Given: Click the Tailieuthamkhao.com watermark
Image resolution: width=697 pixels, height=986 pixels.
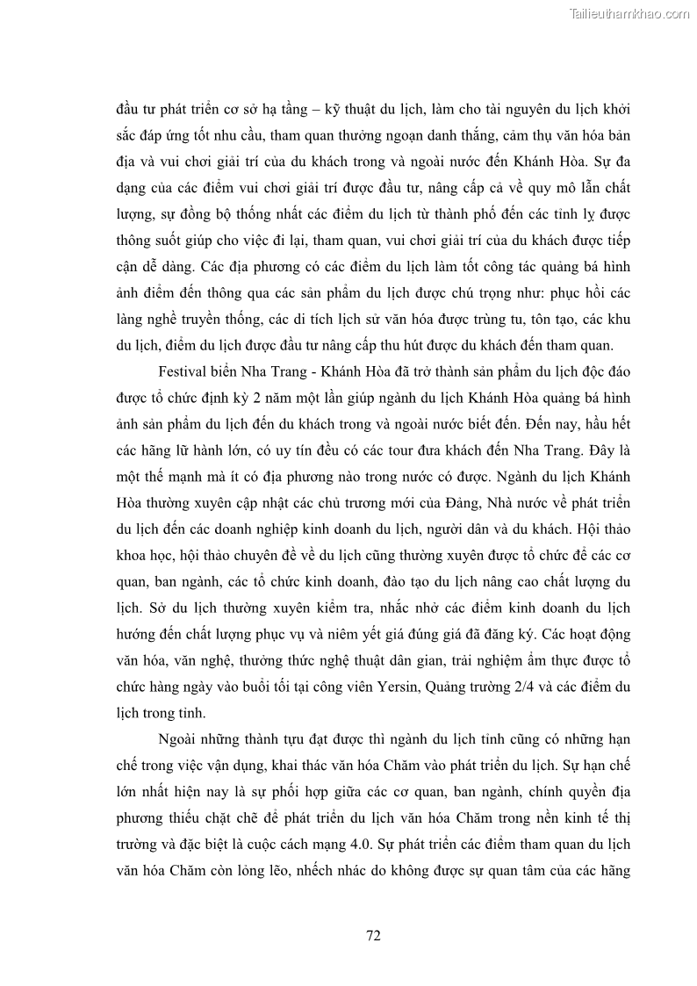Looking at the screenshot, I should click(629, 13).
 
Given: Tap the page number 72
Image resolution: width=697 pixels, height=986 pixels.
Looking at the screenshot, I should click(373, 935).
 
